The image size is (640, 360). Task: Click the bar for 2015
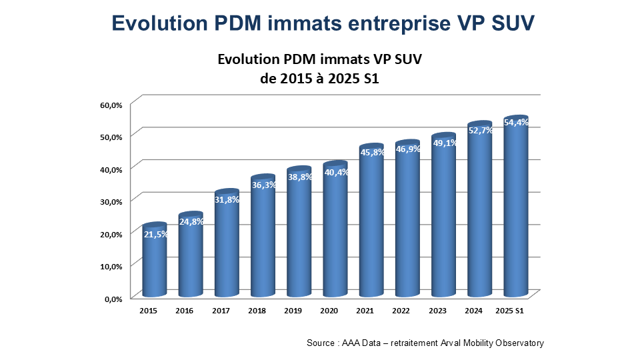[155, 263]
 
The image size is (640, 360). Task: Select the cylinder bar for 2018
[263, 240]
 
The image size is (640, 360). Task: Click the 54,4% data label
[517, 123]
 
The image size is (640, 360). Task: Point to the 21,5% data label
[155, 234]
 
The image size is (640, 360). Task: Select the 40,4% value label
[335, 173]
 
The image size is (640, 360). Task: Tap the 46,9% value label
[407, 149]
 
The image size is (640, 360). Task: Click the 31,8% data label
[227, 199]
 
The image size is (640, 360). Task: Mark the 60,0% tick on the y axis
[112, 105]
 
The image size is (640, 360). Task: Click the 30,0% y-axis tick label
[112, 201]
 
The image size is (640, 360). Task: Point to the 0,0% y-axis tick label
[113, 299]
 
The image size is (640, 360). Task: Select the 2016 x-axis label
[185, 311]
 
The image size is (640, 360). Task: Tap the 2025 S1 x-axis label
[511, 311]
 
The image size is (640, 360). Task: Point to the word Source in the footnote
[321, 343]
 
